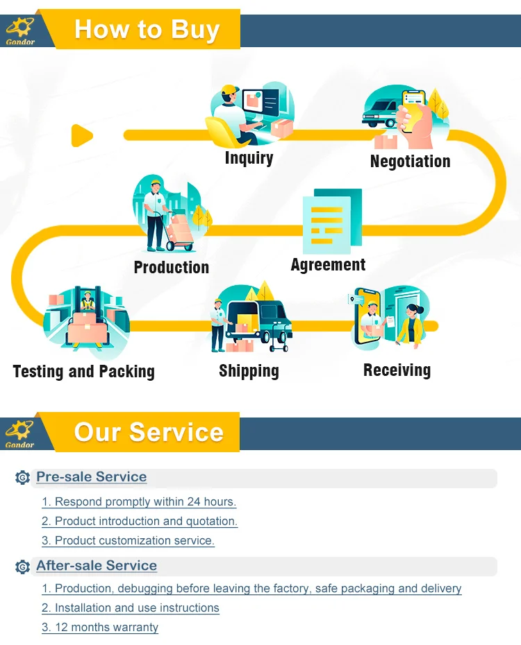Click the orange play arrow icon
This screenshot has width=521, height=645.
(82, 135)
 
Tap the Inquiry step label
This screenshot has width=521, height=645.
(249, 158)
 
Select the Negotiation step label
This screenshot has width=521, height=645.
(410, 162)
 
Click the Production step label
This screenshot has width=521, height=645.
(171, 268)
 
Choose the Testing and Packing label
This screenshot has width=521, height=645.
(83, 372)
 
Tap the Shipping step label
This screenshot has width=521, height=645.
(249, 371)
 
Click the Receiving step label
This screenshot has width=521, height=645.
(397, 370)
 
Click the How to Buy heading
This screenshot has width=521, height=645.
(147, 30)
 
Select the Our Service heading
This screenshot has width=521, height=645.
(149, 432)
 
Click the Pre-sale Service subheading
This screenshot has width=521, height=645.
(91, 477)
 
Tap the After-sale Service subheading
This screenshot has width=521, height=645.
(97, 566)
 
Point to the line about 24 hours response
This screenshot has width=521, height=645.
(139, 501)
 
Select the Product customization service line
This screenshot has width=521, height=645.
(128, 540)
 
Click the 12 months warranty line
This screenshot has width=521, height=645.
(100, 628)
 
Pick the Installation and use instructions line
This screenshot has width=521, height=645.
(131, 608)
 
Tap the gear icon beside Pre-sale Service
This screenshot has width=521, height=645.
(22, 478)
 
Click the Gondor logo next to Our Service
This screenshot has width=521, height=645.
(19, 432)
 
